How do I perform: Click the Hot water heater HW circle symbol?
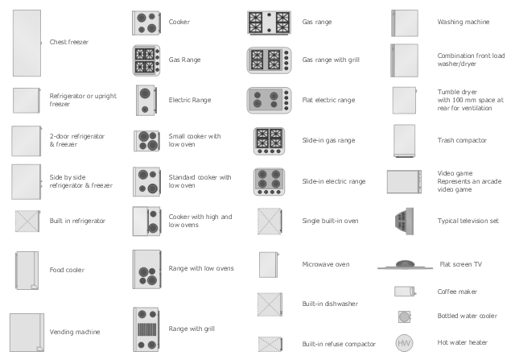click(404, 343)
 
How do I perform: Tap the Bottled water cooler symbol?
click(404, 317)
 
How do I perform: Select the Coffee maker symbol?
click(406, 292)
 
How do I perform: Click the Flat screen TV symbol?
click(405, 265)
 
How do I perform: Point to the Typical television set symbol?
click(404, 221)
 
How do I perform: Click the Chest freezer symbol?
click(27, 43)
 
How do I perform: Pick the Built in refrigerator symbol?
click(27, 221)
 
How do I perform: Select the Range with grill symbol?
click(146, 329)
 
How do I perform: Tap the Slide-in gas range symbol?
click(269, 141)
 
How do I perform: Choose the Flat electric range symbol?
click(269, 101)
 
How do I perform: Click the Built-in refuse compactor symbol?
click(270, 344)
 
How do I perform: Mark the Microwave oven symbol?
click(269, 265)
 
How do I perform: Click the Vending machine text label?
click(75, 332)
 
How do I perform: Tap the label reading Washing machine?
click(463, 22)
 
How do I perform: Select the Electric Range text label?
click(190, 100)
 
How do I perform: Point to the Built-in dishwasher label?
click(330, 304)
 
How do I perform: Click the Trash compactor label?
click(462, 140)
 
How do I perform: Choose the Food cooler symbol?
click(27, 271)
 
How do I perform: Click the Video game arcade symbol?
click(404, 181)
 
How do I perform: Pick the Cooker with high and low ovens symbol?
click(146, 221)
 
